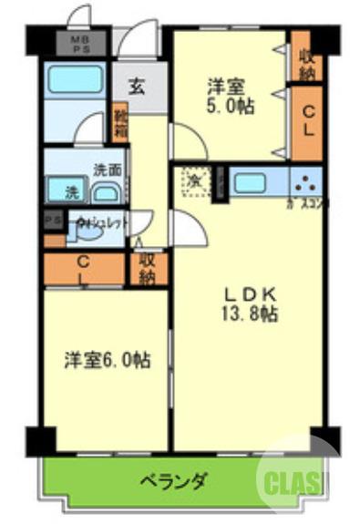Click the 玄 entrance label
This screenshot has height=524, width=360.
[x=135, y=87]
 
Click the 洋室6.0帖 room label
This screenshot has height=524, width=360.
[x=107, y=359]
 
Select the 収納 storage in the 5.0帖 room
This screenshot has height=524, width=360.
[x=305, y=62]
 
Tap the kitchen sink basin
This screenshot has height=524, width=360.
[x=249, y=181]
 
